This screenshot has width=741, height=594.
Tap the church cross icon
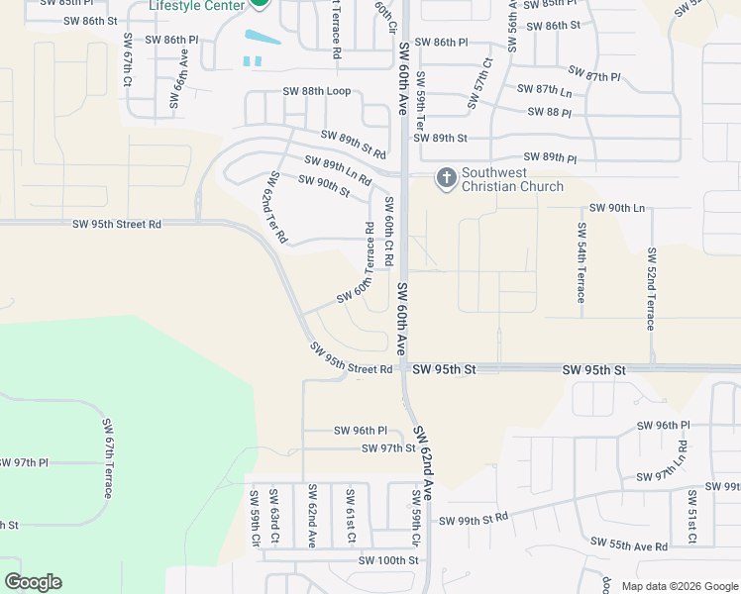pos(446,178)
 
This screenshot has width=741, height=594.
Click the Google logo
pos(33,582)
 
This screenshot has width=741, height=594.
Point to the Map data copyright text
pos(680,586)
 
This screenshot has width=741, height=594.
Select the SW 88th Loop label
pos(317,91)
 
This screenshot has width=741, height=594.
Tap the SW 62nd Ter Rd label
pos(275,207)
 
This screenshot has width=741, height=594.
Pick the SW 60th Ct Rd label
pos(388,231)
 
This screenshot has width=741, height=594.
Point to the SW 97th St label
pos(388,448)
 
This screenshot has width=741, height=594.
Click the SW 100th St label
pos(389,560)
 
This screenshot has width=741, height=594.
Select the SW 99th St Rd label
pos(474,521)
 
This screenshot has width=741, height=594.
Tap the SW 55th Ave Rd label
pos(628,544)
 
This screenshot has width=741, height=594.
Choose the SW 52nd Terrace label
pos(651,288)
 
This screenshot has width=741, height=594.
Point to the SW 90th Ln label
pos(617,208)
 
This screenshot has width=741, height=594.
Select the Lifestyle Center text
pos(194,5)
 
